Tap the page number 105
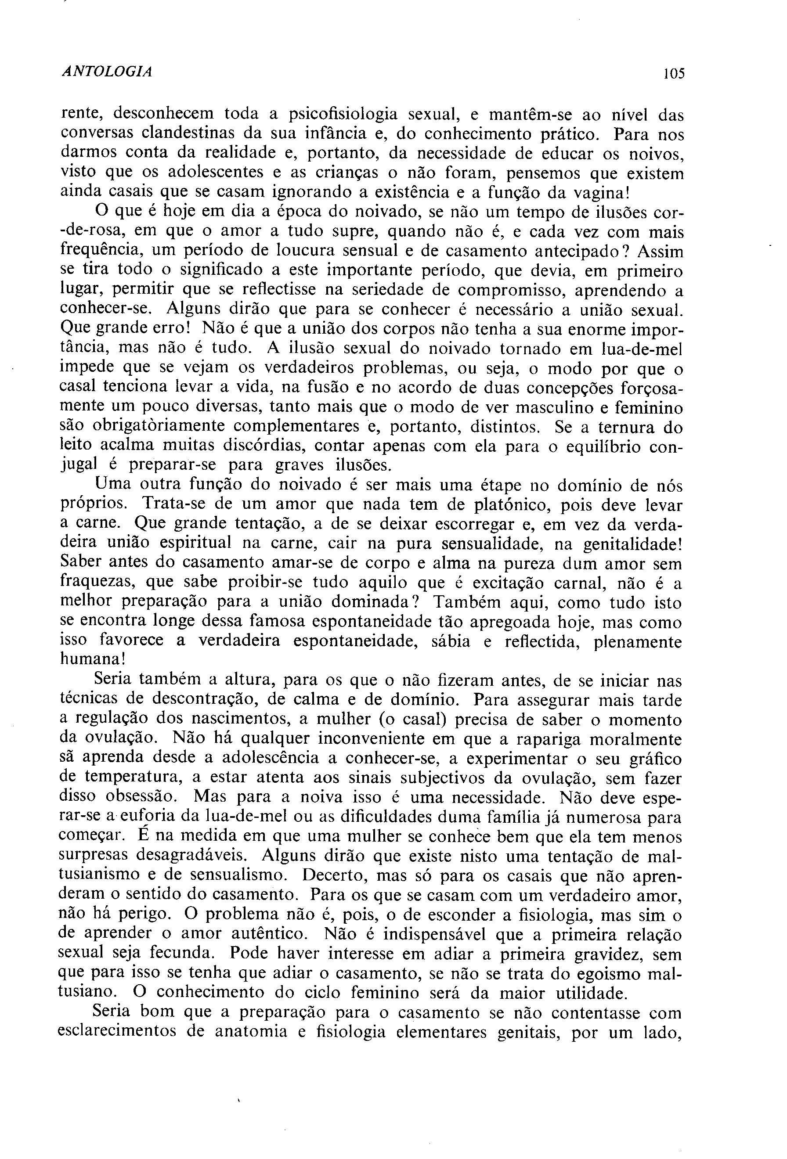click(674, 74)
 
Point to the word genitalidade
click(629, 544)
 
